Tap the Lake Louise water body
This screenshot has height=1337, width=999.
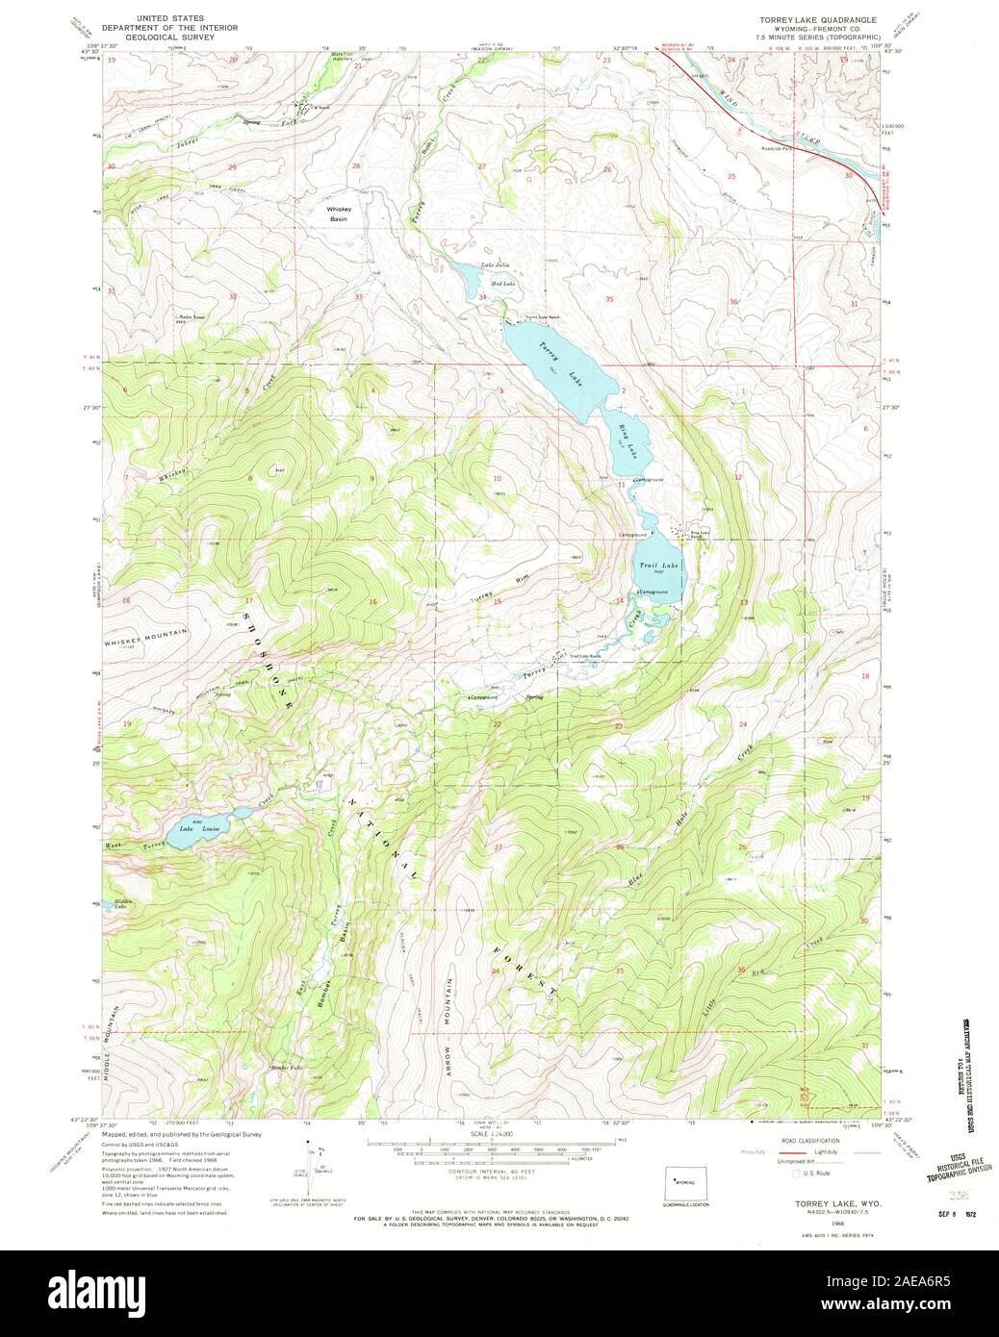(x=202, y=830)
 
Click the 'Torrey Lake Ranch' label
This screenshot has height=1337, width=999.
(x=542, y=316)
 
